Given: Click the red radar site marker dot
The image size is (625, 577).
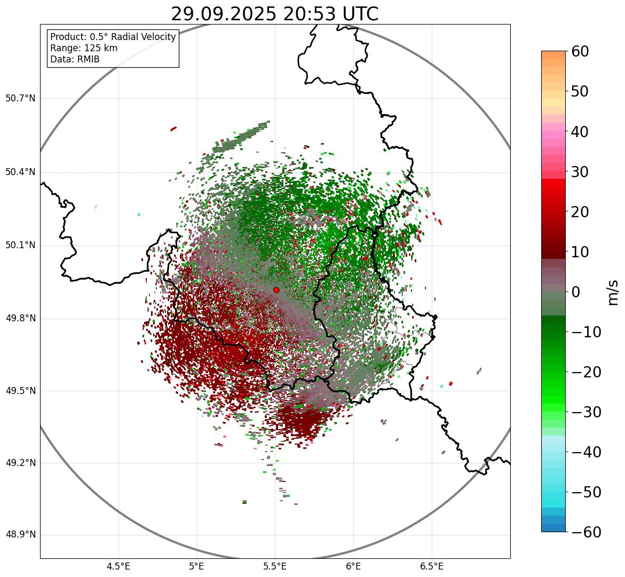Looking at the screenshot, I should click(276, 290).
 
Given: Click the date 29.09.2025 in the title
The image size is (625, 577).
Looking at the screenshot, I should click(223, 14).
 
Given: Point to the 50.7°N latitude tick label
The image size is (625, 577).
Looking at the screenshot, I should click(20, 99).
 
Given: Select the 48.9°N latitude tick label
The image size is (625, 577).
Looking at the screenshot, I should click(20, 535).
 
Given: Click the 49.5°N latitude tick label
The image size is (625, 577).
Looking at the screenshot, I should click(20, 391).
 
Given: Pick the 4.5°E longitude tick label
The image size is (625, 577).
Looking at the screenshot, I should click(118, 566).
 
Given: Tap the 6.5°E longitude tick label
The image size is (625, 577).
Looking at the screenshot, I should click(431, 566).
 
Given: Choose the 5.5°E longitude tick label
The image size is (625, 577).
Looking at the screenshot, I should click(275, 566).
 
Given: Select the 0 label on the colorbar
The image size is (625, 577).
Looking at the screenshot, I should click(576, 292).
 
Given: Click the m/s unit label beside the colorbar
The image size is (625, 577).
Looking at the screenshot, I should click(613, 291).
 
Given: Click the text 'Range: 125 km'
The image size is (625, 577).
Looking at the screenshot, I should click(84, 48).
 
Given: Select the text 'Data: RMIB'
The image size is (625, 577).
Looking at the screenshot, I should click(75, 59).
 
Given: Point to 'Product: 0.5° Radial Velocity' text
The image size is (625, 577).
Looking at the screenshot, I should click(113, 37).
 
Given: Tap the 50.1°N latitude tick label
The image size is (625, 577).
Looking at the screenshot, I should click(20, 246).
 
